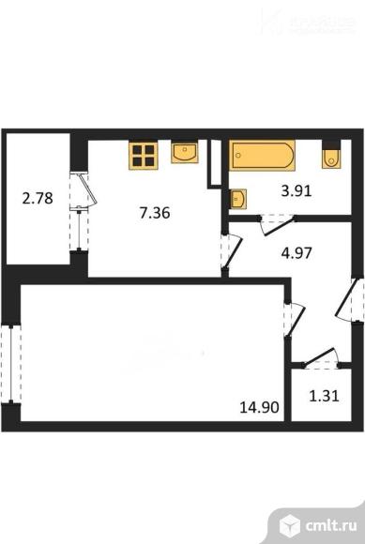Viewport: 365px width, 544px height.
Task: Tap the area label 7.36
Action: [x=155, y=212]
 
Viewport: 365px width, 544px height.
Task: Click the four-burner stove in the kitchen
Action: [x=144, y=155]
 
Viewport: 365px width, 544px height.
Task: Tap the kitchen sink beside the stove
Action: [x=185, y=153]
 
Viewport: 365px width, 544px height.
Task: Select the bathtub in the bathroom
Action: [x=263, y=156]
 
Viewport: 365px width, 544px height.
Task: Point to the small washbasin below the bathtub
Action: [x=238, y=198]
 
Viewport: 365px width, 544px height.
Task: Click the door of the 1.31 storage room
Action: [x=319, y=357]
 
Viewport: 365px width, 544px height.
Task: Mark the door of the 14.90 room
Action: [x=291, y=317]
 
